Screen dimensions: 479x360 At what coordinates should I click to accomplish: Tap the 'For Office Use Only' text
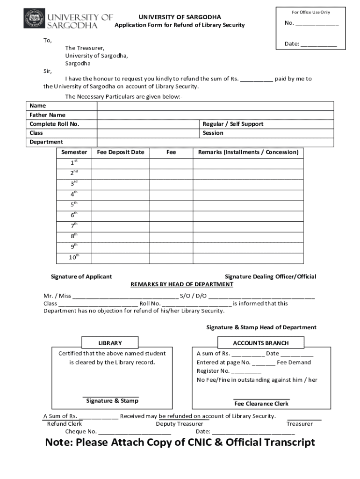point(311,12)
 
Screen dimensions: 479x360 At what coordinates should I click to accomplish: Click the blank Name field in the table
point(215,106)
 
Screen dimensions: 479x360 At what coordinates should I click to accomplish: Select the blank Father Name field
point(215,115)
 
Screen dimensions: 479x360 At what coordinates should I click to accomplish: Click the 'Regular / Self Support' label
point(233,124)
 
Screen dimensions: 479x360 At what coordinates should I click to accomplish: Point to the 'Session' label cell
point(213,133)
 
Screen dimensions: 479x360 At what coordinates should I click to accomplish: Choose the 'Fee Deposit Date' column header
point(121,152)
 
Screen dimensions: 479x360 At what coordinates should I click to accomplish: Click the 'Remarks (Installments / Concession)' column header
point(248,152)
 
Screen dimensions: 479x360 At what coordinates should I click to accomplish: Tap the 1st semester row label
point(74,162)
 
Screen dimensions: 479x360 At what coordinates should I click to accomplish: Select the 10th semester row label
point(74,257)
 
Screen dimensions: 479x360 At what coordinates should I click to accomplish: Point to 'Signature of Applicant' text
point(81,276)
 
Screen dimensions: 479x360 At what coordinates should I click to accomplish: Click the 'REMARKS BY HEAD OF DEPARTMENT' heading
point(181,284)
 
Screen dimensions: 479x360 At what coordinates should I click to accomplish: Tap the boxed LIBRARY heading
point(110,343)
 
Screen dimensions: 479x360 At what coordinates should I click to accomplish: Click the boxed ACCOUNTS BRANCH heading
point(260,343)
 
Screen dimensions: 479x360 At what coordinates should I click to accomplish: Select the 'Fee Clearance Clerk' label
point(261,404)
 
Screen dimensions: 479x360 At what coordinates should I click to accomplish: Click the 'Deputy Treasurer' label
point(180,424)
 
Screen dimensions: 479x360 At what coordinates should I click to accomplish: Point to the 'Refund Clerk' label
point(65,424)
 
